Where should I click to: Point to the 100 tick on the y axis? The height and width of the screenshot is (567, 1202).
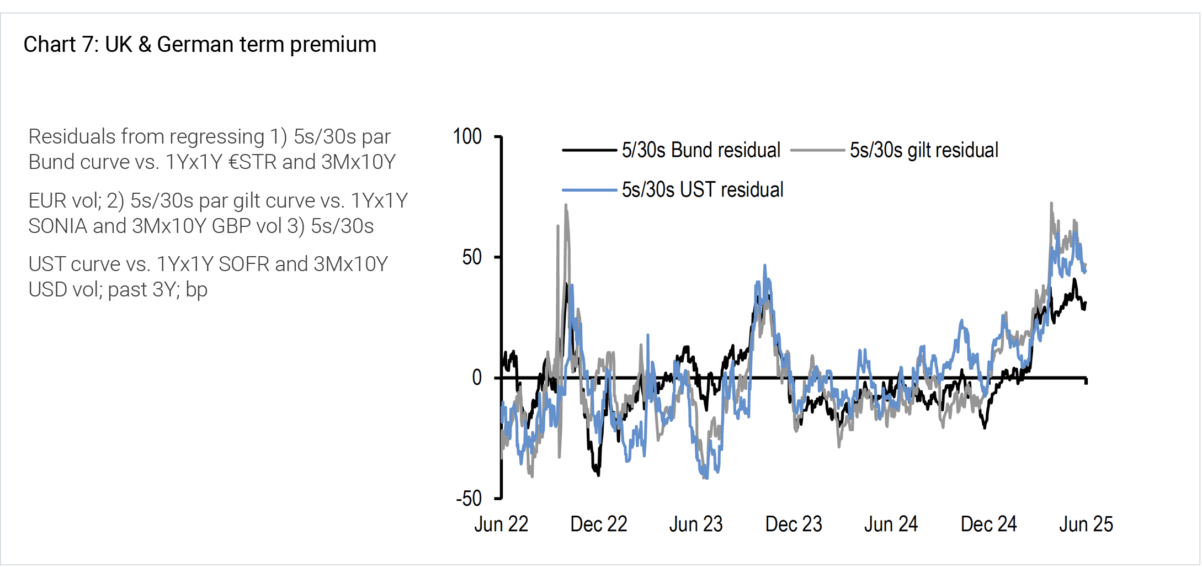tap(467, 136)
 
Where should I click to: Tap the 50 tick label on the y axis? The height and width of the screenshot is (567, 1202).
tap(472, 257)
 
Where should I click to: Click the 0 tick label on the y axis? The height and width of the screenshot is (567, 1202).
tap(477, 378)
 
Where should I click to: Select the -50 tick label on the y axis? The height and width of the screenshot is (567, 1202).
tap(469, 499)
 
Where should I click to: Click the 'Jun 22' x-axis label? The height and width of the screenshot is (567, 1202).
tap(501, 524)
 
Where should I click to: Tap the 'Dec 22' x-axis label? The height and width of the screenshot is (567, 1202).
tap(599, 524)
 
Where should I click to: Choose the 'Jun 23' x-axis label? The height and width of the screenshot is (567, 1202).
tap(696, 524)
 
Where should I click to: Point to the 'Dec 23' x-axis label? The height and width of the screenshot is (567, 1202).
tap(794, 524)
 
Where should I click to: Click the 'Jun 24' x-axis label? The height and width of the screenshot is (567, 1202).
tap(891, 524)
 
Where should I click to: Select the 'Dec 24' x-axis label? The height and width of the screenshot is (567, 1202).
tap(988, 524)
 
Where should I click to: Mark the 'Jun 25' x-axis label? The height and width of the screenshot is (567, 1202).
tap(1086, 524)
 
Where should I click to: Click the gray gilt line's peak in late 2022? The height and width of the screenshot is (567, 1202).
tap(566, 205)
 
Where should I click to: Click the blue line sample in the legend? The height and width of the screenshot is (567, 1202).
tap(589, 190)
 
